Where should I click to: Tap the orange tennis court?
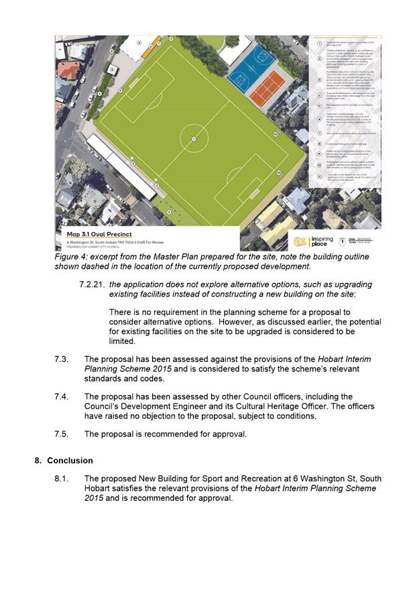pyautogui.click(x=267, y=88)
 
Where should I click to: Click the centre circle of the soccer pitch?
pyautogui.click(x=194, y=139)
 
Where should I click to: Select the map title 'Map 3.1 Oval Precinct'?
pyautogui.click(x=95, y=235)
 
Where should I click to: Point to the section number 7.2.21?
pyautogui.click(x=92, y=284)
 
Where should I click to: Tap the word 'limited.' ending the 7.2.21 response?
pyautogui.click(x=127, y=341)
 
